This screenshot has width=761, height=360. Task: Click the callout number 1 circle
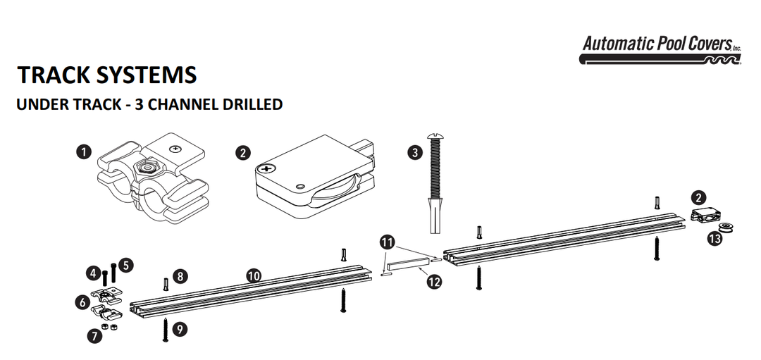(x=85, y=152)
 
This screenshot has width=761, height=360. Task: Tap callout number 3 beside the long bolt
(x=414, y=152)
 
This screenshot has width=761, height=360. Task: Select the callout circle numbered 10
(x=254, y=276)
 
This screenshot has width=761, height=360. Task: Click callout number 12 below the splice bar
(x=434, y=282)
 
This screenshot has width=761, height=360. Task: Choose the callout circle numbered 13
(x=714, y=239)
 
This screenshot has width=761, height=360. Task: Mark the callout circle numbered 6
(x=83, y=302)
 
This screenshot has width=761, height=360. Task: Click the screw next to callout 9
(x=165, y=328)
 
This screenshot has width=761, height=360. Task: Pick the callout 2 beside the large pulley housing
(x=243, y=152)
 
